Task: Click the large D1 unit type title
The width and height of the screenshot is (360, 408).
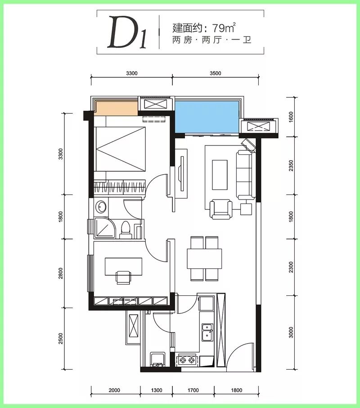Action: [x=127, y=32]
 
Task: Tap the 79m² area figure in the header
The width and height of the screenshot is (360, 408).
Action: [x=224, y=27]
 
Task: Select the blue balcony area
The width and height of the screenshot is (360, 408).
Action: [x=207, y=117]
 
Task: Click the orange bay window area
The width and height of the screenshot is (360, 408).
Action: [x=116, y=109]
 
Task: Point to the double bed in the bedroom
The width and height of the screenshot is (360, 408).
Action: [x=121, y=149]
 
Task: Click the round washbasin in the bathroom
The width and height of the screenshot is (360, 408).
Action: [x=101, y=207]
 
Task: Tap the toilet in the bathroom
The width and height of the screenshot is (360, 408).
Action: [x=126, y=230]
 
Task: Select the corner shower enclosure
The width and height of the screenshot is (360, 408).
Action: [x=104, y=228]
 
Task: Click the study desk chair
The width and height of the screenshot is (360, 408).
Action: [x=123, y=277]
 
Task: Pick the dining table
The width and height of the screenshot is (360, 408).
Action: [x=204, y=259]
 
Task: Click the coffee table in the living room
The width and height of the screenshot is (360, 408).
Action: [x=220, y=175]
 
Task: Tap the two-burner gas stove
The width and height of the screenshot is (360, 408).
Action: [x=187, y=360]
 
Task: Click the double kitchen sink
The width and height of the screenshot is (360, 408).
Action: [x=207, y=332]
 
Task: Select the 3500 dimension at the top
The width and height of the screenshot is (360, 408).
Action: [x=216, y=73]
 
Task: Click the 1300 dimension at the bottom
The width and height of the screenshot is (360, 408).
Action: [x=157, y=390]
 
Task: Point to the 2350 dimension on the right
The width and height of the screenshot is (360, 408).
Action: [x=291, y=166]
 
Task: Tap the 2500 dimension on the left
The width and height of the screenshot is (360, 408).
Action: [x=61, y=338]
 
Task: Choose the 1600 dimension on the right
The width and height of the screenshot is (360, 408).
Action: [x=291, y=117]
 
